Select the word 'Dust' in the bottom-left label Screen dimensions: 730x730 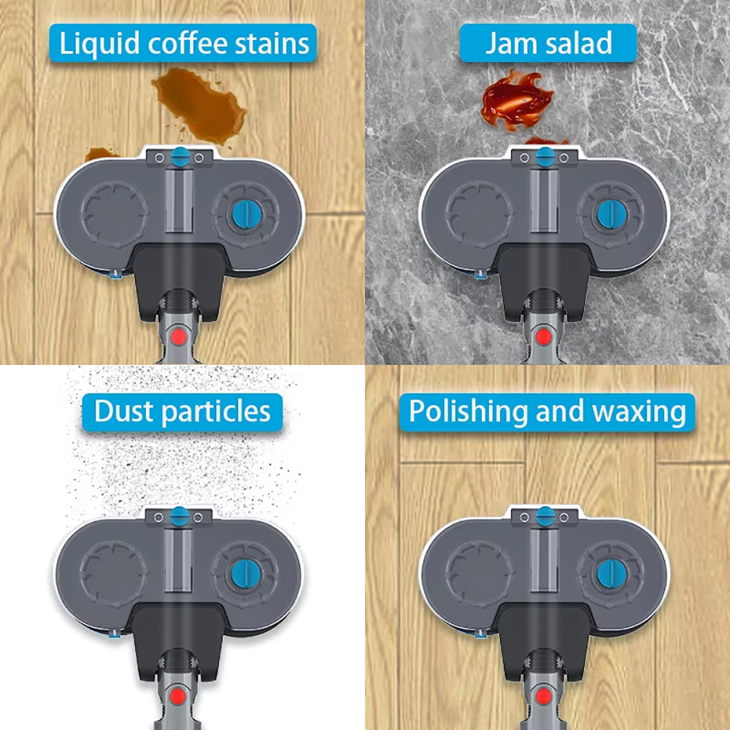pos(124,411)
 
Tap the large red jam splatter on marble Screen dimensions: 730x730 pos(516,100)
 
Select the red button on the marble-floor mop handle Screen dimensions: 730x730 pos(543,336)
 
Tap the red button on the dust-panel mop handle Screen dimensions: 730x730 pos(177,696)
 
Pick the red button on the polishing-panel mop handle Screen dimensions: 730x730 pos(543,696)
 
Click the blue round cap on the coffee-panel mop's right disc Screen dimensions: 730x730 pos(247,215)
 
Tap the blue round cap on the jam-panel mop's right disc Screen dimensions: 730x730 pos(612,215)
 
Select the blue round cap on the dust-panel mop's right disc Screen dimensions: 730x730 pos(246,574)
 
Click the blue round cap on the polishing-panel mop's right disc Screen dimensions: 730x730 pos(612,574)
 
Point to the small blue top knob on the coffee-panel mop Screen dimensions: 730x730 pos(180,157)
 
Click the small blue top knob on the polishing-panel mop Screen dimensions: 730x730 pos(545,516)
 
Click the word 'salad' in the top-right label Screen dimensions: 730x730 pos(579,43)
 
